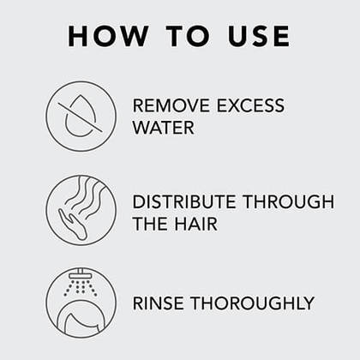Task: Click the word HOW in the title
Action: (108, 36)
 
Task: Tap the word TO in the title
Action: (188, 36)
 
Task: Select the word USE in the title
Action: (259, 36)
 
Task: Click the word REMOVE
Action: (171, 105)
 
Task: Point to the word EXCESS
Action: (250, 105)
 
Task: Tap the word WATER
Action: (163, 128)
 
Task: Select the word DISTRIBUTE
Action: (184, 201)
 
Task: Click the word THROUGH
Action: (288, 201)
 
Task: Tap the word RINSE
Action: (159, 303)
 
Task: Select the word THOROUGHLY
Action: (252, 303)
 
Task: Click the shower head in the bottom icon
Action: (81, 274)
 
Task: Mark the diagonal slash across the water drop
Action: (81, 117)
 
